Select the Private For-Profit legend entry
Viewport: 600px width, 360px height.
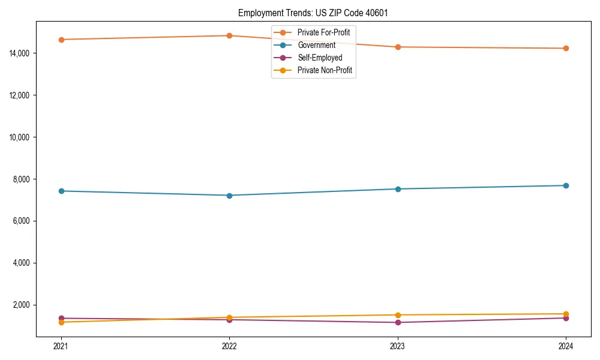tap(323, 32)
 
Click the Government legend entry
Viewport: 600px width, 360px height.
tap(316, 45)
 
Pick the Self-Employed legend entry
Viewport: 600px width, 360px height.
tap(320, 58)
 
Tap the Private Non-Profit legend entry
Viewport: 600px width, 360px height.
tap(325, 70)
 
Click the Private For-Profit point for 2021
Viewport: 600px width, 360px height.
tap(61, 40)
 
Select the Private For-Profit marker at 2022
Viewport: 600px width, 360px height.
tap(229, 35)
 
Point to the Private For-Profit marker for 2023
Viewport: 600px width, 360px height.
tap(398, 47)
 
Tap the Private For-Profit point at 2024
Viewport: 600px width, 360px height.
tap(566, 49)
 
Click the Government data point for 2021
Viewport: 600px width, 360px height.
tap(61, 191)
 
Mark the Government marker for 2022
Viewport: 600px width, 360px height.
tap(229, 196)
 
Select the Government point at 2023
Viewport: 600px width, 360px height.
tap(398, 189)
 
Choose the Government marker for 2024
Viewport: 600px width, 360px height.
tap(566, 185)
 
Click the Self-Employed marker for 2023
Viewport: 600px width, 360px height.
tap(398, 323)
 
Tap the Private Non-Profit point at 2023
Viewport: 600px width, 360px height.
tap(398, 315)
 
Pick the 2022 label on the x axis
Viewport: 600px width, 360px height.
tap(229, 346)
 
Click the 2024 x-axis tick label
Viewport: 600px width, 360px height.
tap(566, 346)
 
